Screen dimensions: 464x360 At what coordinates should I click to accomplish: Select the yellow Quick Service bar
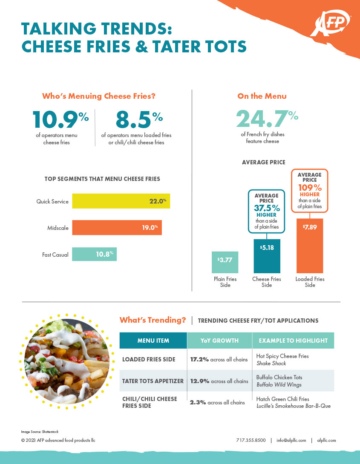tap(121, 201)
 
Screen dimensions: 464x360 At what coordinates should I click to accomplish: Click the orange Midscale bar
tap(117, 228)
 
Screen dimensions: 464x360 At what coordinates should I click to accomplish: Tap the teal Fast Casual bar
tap(94, 254)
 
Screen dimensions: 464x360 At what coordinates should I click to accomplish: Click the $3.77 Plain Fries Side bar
tap(225, 262)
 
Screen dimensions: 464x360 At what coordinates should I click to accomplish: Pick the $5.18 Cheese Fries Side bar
tap(267, 255)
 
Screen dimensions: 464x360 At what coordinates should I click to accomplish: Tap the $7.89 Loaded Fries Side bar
tap(310, 246)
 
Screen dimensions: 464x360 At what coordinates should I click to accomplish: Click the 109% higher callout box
tap(310, 191)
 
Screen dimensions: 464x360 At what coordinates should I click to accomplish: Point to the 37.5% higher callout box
tap(267, 211)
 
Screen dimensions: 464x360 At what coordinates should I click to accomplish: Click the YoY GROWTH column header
tap(219, 341)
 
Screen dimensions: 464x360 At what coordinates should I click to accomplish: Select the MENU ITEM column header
tap(153, 341)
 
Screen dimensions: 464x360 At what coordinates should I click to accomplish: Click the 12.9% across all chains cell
tap(219, 381)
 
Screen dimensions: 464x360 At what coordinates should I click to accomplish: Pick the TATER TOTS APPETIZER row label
tap(153, 381)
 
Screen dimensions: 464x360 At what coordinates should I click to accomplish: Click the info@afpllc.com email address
tap(291, 440)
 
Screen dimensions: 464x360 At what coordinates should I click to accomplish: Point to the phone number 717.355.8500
tap(251, 440)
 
